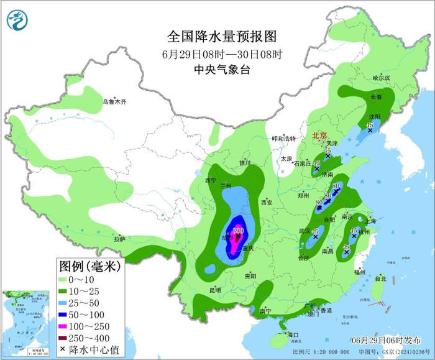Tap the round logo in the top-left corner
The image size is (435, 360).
(18, 20)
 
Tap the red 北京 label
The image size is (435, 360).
(319, 135)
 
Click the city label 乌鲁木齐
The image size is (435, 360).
(115, 101)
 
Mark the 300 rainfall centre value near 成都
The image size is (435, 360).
(237, 231)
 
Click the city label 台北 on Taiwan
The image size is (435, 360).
(380, 279)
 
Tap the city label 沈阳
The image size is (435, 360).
(373, 116)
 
